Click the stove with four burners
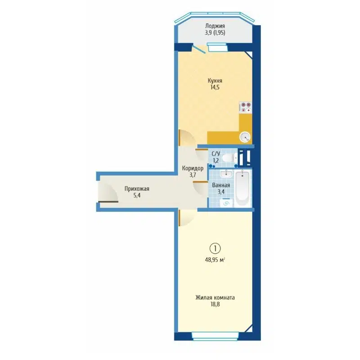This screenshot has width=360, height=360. [x=245, y=107]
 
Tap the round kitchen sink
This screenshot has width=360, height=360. [x=245, y=137]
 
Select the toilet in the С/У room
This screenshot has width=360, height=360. [x=229, y=158]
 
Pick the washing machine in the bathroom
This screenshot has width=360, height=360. [x=226, y=202]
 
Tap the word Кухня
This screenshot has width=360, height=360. [x=215, y=81]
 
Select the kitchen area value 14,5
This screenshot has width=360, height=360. [x=215, y=88]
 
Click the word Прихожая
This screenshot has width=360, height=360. [x=137, y=189]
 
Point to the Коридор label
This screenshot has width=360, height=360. [x=193, y=168]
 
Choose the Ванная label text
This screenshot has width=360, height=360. [x=221, y=185]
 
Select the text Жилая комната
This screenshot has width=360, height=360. [x=215, y=297]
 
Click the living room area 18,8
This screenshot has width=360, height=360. [x=215, y=305]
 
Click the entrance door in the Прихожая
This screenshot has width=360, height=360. [x=108, y=194]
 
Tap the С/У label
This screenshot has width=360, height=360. [x=216, y=153]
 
